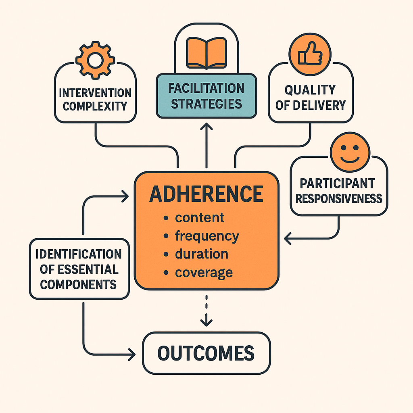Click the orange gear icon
click(x=96, y=60)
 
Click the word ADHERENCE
click(x=206, y=194)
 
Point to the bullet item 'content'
click(x=199, y=218)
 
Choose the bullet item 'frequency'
click(x=206, y=236)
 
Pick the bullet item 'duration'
click(x=201, y=254)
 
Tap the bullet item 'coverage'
click(x=203, y=272)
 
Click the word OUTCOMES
click(x=206, y=353)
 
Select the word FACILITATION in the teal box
click(x=206, y=88)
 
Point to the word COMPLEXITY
click(x=95, y=106)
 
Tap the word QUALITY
click(x=310, y=90)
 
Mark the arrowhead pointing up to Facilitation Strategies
click(x=206, y=127)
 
